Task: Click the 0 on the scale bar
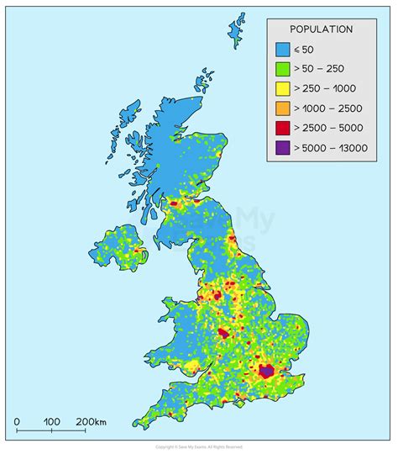pyautogui.click(x=17, y=421)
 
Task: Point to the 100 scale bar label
pyautogui.click(x=51, y=421)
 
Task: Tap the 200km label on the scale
pyautogui.click(x=90, y=421)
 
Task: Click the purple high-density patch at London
pyautogui.click(x=267, y=370)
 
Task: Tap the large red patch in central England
pyautogui.click(x=223, y=333)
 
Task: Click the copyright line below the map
pyautogui.click(x=198, y=446)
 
